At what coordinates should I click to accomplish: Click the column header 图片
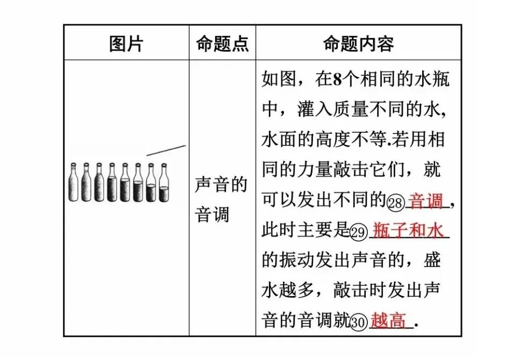tap(126, 44)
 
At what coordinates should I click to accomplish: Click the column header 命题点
tap(222, 44)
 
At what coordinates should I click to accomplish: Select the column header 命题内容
tap(358, 44)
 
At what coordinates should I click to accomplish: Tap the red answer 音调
tap(426, 201)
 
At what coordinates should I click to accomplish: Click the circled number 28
tap(395, 203)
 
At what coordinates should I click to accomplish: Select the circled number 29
tap(358, 233)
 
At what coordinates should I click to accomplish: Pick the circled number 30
tap(358, 322)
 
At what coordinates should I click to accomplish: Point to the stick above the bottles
tap(166, 150)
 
